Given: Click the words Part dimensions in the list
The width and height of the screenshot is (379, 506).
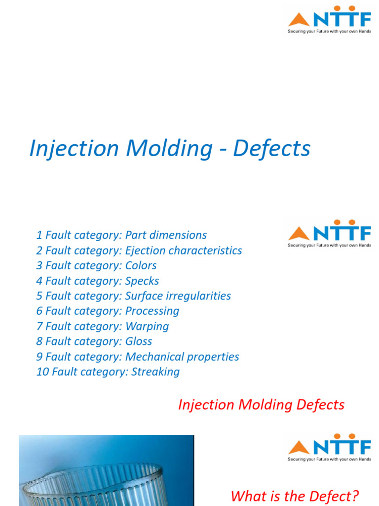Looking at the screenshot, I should pyautogui.click(x=166, y=235).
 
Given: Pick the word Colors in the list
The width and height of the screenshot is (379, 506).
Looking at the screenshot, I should pyautogui.click(x=141, y=266).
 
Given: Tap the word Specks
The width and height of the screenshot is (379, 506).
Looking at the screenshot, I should pyautogui.click(x=142, y=281).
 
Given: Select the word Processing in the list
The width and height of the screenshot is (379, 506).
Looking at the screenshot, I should pyautogui.click(x=152, y=311).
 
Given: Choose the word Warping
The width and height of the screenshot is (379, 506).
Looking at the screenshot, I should pyautogui.click(x=147, y=327).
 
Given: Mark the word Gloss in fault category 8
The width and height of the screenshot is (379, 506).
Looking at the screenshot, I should pyautogui.click(x=139, y=341).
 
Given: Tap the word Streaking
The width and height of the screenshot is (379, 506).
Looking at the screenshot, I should pyautogui.click(x=155, y=372).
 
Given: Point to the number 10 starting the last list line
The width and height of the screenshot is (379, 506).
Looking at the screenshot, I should pyautogui.click(x=41, y=372).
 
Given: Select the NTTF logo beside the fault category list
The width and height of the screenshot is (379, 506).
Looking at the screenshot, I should pyautogui.click(x=330, y=233).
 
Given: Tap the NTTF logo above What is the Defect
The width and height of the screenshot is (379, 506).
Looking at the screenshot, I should pyautogui.click(x=330, y=447).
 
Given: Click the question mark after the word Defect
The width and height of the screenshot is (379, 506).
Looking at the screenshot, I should pyautogui.click(x=355, y=496).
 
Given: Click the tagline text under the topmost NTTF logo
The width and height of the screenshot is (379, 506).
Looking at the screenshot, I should pyautogui.click(x=330, y=31).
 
